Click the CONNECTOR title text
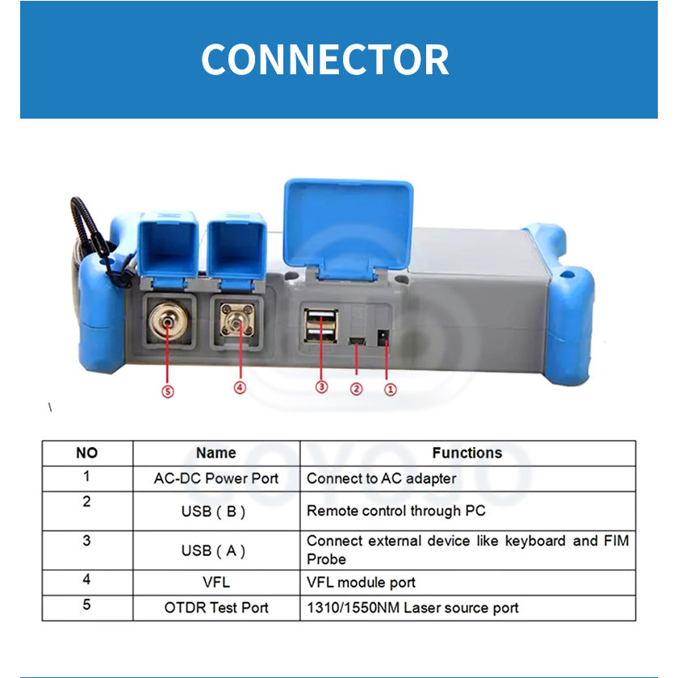coord(324,60)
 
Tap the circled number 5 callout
coord(168,391)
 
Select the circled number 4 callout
coord(240,387)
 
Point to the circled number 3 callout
coord(321,387)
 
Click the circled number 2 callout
coord(356,389)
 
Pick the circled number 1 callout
coord(391,389)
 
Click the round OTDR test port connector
coord(166,326)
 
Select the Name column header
coord(216,453)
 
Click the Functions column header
coord(467,453)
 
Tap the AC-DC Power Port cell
coord(216,479)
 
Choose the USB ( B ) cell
coord(216,511)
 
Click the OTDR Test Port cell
coord(216,608)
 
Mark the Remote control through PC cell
coord(395,511)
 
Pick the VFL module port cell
coord(361,582)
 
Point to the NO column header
coord(86,453)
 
